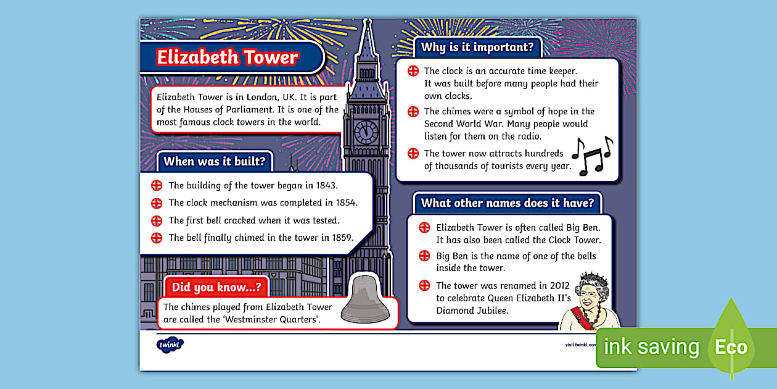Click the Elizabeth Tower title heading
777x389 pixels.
coord(227,57)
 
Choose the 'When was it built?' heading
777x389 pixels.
coord(215,162)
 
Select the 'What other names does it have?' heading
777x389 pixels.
coord(507,203)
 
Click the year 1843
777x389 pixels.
coord(326,185)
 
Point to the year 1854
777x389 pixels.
coord(345,203)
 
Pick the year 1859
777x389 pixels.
coord(340,238)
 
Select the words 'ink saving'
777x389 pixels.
coord(651,347)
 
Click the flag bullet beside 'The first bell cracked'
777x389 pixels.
coord(157,220)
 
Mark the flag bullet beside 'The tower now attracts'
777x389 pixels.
coord(413,154)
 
